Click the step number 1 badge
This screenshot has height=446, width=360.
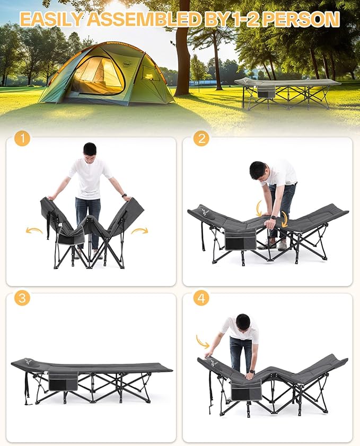point(22,139)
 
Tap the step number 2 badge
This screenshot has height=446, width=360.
point(201,139)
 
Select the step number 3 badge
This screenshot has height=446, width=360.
point(22,298)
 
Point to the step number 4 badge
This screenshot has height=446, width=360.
point(201,298)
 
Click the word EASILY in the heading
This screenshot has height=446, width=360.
point(51,20)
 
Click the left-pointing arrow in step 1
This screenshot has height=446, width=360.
point(34,230)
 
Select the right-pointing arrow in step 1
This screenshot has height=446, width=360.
point(140,230)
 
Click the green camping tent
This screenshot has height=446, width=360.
point(106,74)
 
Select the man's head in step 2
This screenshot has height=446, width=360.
point(258,171)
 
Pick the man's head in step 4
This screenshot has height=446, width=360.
point(243,322)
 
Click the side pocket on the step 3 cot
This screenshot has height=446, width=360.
point(63,381)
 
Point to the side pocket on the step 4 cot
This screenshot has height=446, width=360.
point(247,392)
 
